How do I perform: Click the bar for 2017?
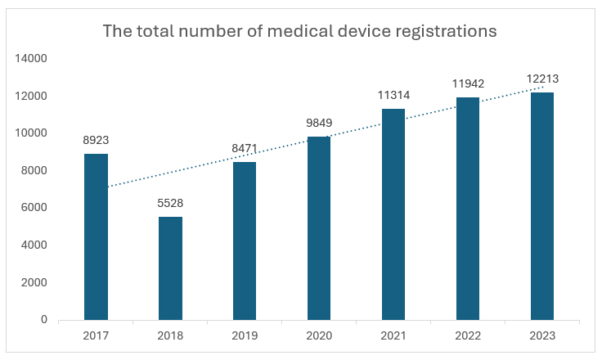[96, 237]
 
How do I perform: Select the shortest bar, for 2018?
[170, 268]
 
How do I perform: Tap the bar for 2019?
[245, 241]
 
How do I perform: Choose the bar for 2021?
[393, 214]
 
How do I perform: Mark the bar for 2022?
[468, 209]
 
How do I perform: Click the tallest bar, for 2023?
[542, 206]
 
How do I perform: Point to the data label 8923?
[96, 140]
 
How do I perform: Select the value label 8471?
[245, 148]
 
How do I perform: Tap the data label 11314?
[393, 95]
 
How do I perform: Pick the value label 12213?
[542, 79]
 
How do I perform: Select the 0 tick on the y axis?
[45, 320]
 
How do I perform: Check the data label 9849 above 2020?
[319, 123]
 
